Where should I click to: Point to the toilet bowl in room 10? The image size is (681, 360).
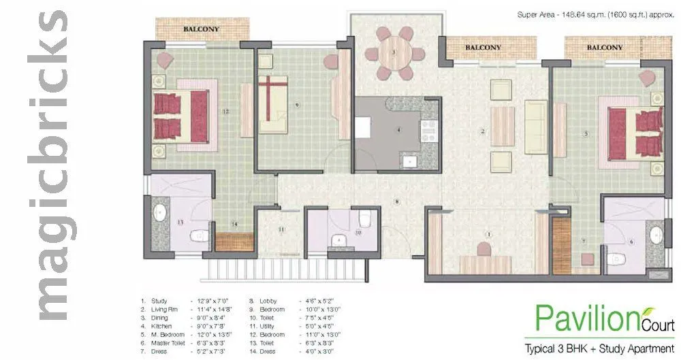364,218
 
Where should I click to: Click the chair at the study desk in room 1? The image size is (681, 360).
484,250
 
